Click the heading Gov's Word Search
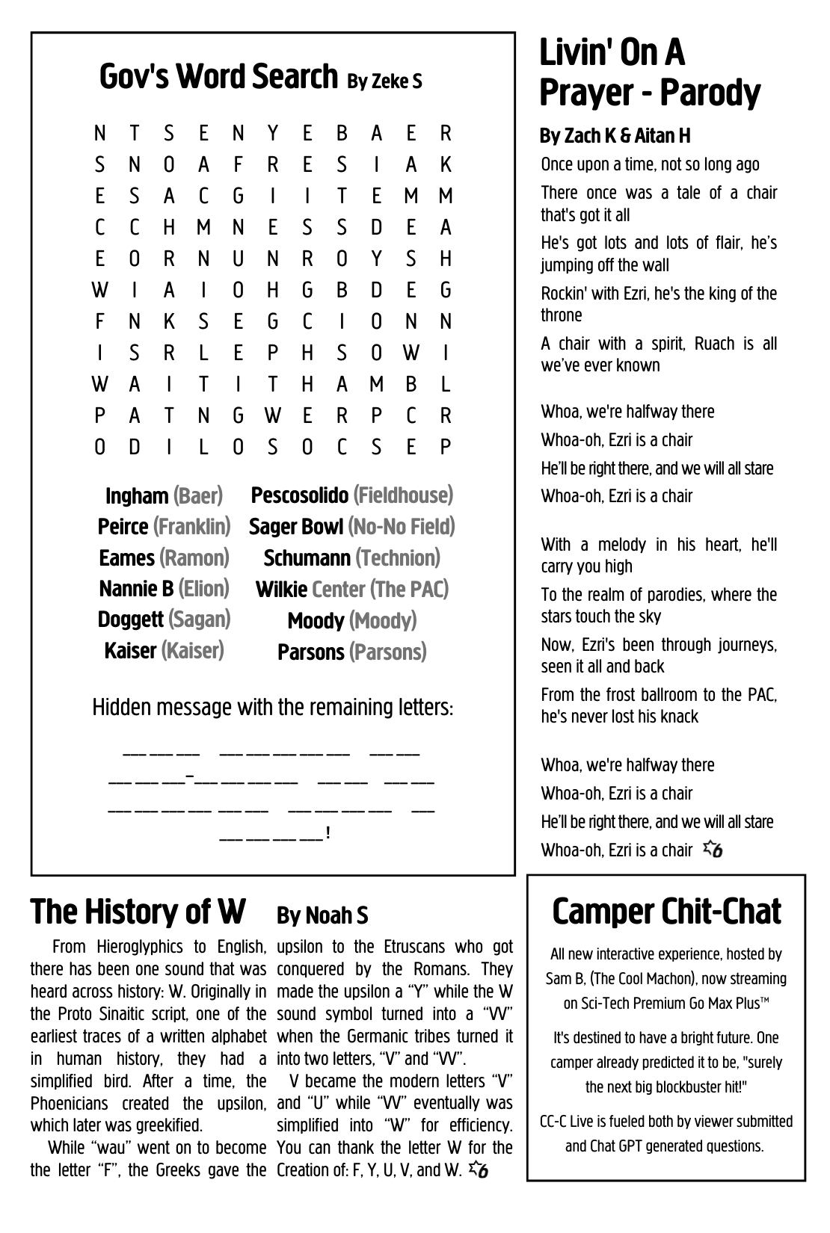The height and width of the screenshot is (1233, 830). tap(218, 77)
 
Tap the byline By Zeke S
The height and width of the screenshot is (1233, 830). tap(384, 81)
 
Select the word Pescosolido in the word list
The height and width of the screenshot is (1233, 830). tap(300, 495)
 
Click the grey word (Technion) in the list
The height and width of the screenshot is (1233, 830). tap(398, 558)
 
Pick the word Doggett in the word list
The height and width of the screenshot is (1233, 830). tap(130, 619)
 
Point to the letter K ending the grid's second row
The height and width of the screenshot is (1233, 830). tap(446, 164)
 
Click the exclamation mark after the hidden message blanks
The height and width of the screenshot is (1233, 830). tap(328, 832)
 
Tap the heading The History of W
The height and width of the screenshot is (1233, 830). tap(138, 912)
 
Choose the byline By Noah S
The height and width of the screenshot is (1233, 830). tap(322, 915)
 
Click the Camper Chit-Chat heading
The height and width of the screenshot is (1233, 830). tap(666, 912)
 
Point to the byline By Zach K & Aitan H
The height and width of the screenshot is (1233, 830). tap(615, 136)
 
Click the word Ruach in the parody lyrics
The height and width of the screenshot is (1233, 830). tap(714, 344)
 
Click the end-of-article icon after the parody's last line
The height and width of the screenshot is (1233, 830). tap(713, 850)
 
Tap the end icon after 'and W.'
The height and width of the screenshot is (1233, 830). tap(479, 1170)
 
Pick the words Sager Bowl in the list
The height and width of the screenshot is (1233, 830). tap(296, 527)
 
